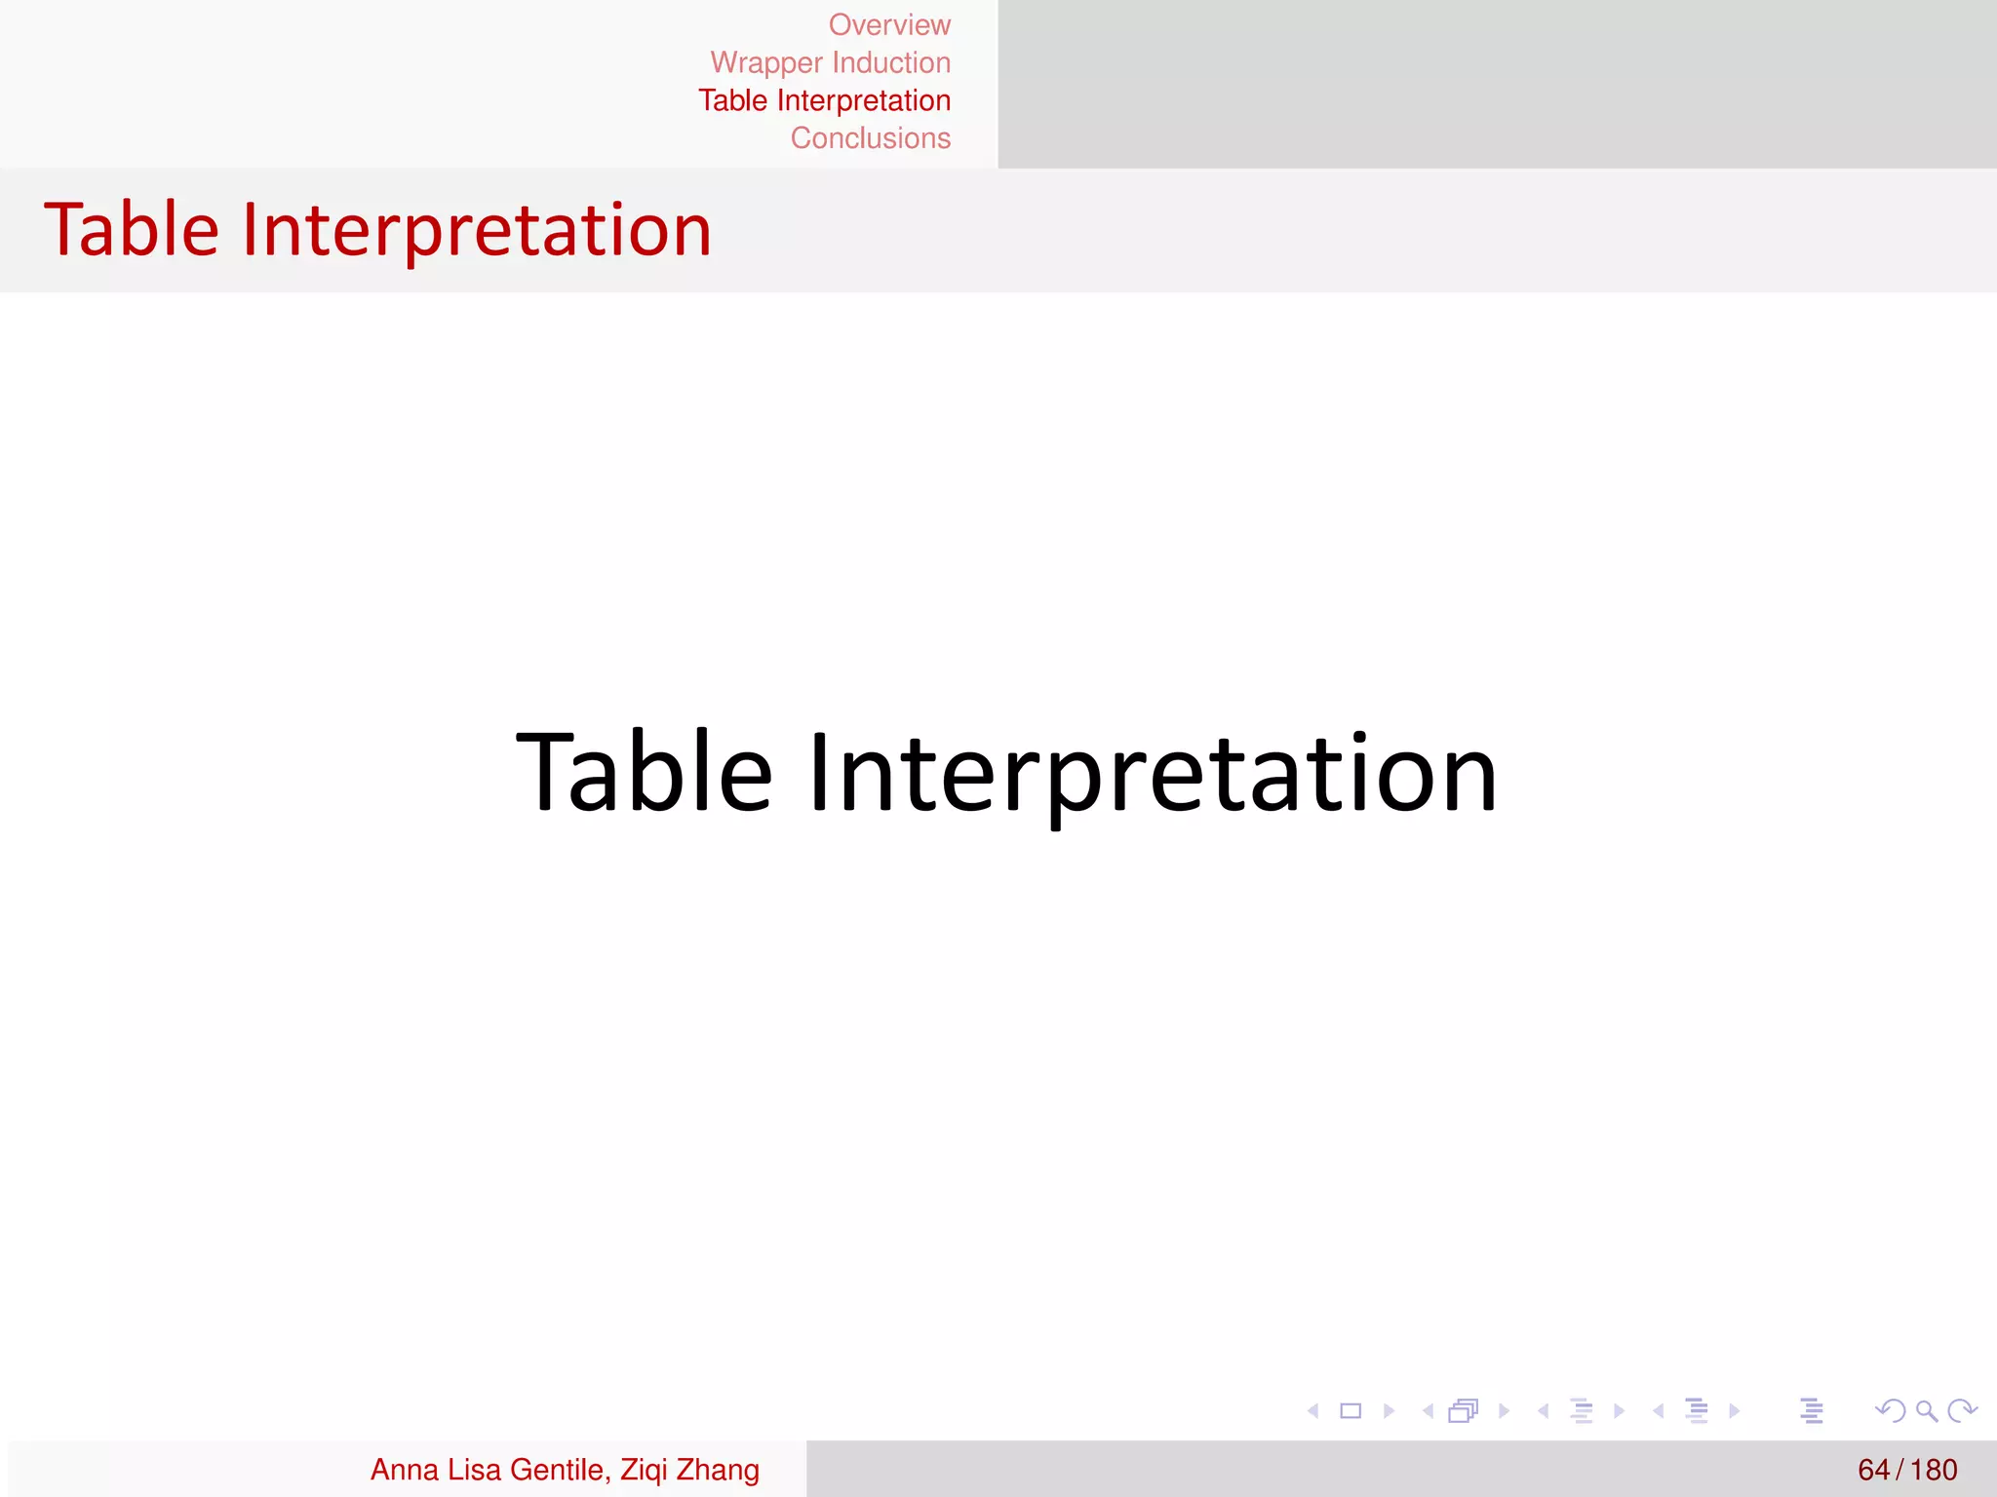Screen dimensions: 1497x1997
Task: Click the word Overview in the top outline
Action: click(889, 24)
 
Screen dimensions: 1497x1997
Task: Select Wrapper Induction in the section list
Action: click(830, 62)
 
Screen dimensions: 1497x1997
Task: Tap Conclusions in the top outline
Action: click(870, 138)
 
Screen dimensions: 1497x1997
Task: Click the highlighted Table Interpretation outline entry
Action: click(824, 100)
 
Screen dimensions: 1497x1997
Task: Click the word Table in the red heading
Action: click(132, 230)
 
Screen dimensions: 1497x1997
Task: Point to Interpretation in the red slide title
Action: click(476, 230)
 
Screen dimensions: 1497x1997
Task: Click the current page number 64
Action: click(1873, 1469)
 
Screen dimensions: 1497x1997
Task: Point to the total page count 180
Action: click(1934, 1469)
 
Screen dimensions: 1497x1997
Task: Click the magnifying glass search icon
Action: click(1926, 1410)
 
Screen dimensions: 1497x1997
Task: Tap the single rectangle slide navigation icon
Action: click(1351, 1410)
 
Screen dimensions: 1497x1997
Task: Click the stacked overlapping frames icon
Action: click(1463, 1410)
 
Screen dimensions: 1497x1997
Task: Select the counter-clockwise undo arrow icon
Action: click(1890, 1410)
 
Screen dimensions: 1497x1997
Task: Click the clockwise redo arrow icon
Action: click(1961, 1410)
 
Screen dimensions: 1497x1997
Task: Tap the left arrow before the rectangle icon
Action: click(1313, 1410)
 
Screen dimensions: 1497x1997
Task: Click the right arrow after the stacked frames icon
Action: click(1505, 1410)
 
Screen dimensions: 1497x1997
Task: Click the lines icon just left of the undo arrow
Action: click(1812, 1410)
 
